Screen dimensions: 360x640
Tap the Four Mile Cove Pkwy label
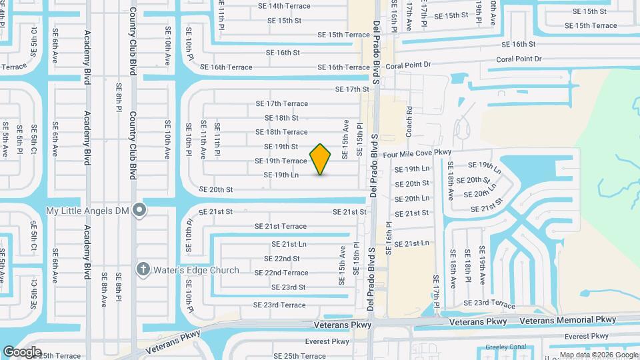tap(422, 153)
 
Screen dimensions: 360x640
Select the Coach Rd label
tap(409, 121)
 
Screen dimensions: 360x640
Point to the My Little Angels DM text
tap(87, 211)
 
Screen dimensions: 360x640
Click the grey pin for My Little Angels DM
tap(139, 211)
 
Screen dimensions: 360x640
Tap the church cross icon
tap(143, 269)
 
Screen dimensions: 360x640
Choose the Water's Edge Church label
tap(196, 270)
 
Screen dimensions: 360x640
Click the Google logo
tap(22, 351)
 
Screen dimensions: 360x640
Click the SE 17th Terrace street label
tap(282, 104)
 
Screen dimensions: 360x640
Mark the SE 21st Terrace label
tap(280, 227)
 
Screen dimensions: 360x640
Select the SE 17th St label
tap(352, 89)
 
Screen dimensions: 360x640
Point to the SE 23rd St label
tap(288, 287)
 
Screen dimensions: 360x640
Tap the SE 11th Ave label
tap(203, 139)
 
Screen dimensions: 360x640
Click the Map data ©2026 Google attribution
tap(599, 355)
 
